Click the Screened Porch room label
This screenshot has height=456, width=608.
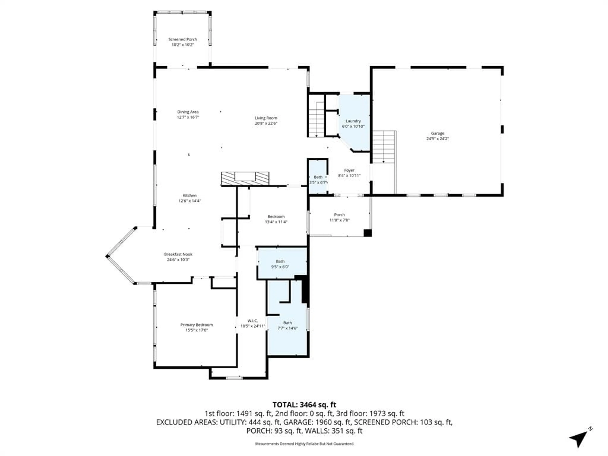[183, 39]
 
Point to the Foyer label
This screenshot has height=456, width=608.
[349, 170]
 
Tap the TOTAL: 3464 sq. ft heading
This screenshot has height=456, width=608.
[304, 405]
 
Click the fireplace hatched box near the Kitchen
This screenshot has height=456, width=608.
[245, 178]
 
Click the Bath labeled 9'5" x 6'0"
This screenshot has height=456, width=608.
[280, 264]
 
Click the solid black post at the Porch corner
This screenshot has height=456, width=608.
[367, 233]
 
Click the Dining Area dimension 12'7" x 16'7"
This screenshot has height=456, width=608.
[188, 117]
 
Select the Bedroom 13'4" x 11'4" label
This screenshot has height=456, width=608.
[276, 217]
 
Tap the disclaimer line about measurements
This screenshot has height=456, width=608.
[304, 444]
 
